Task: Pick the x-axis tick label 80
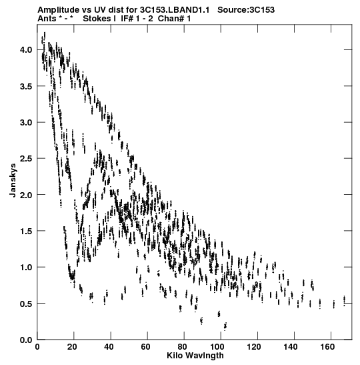point(184,347)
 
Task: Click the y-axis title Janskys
point(13,180)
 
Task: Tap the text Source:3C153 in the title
point(246,10)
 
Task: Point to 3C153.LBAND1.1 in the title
point(175,10)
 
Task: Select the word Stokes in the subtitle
point(97,19)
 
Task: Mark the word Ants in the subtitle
point(47,19)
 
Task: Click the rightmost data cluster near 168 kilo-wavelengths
point(344,301)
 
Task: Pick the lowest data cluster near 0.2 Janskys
point(225,326)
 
